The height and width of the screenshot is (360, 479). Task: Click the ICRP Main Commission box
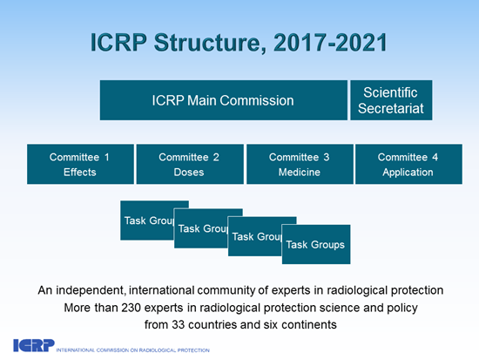[223, 100]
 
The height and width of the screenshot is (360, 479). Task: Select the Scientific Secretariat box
[390, 100]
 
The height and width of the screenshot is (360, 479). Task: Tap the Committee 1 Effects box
[79, 164]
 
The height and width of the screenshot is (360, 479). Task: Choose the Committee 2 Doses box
[189, 164]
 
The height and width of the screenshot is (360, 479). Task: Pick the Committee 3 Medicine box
[299, 164]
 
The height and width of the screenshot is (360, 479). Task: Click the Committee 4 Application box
[407, 164]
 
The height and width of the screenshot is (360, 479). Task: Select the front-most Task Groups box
[314, 244]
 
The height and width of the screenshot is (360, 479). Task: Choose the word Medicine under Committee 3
[299, 172]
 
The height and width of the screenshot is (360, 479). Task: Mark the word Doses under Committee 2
[189, 172]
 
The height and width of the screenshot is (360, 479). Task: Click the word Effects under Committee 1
[79, 172]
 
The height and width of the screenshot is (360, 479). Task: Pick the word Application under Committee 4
[407, 172]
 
